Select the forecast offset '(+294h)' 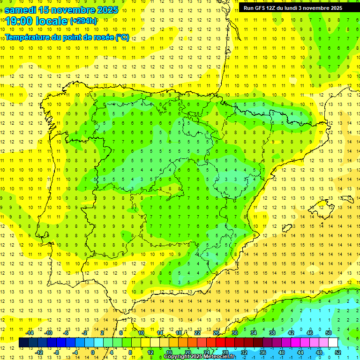click(x=83, y=21)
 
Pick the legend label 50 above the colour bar click(x=328, y=333)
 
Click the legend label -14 click(x=30, y=333)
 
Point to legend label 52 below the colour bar click(x=337, y=352)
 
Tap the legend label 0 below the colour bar click(x=93, y=352)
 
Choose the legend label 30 click(x=234, y=333)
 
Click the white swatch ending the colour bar click(x=333, y=343)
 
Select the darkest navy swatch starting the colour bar click(x=23, y=343)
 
